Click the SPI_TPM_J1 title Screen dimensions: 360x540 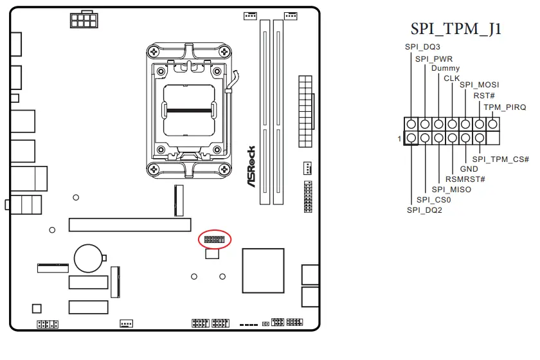(x=456, y=30)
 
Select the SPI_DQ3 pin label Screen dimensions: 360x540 (x=422, y=47)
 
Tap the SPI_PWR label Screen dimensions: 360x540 (x=434, y=59)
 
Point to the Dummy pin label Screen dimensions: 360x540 (x=445, y=68)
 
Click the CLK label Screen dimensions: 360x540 (x=452, y=78)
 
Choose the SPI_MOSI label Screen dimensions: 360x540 (x=480, y=85)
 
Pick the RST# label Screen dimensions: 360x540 (x=483, y=95)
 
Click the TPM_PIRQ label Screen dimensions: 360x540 (x=505, y=107)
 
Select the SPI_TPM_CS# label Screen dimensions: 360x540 (x=501, y=159)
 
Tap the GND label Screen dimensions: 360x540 (x=469, y=169)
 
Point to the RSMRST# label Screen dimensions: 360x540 (x=465, y=179)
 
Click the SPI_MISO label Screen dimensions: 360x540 (x=451, y=190)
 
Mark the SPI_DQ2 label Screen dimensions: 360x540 (x=424, y=210)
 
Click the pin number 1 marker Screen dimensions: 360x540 (x=399, y=138)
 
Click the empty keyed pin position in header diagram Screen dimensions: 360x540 (x=493, y=138)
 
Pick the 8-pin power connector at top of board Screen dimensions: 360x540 (x=81, y=20)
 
